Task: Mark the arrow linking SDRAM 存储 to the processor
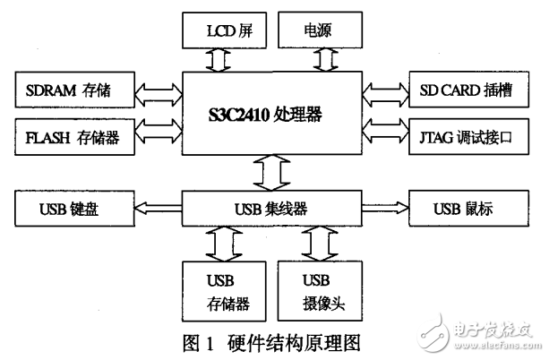point(158,90)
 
